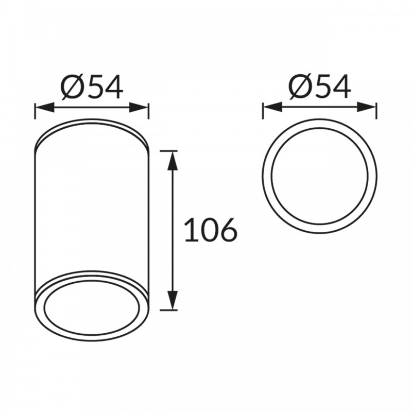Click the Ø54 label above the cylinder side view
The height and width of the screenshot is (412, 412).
(x=92, y=87)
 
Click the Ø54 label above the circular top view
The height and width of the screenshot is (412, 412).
(x=320, y=87)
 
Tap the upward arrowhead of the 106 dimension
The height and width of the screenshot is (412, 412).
(x=172, y=161)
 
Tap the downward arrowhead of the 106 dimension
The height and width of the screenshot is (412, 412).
(x=172, y=300)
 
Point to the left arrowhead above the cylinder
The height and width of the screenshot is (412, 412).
(x=45, y=108)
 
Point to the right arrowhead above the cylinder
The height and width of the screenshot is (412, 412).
(x=139, y=108)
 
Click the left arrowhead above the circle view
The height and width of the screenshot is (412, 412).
(x=273, y=108)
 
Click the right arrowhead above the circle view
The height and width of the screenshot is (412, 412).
(x=367, y=108)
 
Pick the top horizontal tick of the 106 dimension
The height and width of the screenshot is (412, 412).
(x=169, y=151)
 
